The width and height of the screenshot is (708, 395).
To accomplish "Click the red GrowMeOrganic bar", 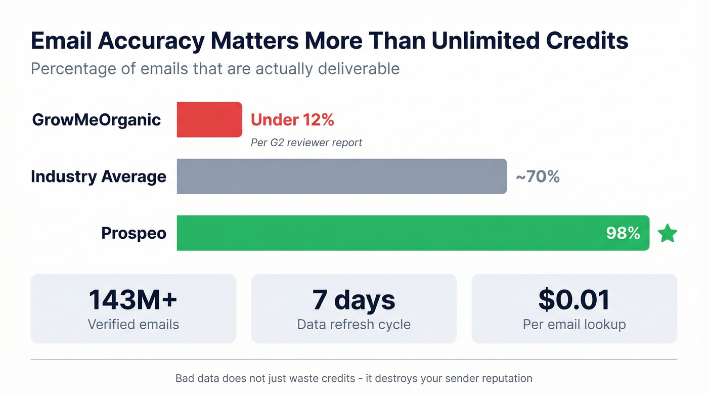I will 209,119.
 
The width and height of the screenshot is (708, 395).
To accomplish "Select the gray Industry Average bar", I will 341,176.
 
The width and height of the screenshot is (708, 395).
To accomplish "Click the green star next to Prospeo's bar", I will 667,234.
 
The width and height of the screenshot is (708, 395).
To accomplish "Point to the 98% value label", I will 623,233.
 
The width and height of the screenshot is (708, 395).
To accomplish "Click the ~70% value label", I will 538,177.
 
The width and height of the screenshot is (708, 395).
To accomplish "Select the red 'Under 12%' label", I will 292,120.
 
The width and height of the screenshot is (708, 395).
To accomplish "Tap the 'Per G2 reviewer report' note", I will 306,143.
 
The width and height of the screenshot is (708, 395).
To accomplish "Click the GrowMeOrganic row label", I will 96,120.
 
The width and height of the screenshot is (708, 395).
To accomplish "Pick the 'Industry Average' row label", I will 98,177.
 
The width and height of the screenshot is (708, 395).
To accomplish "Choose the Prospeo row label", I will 134,233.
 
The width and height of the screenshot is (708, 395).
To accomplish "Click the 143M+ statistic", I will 133,299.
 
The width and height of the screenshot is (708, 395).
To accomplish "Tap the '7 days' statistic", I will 353,299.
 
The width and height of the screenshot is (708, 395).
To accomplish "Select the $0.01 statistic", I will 574,299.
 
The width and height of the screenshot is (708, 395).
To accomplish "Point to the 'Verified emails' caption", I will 133,324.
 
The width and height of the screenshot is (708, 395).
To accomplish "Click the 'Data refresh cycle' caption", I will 353,324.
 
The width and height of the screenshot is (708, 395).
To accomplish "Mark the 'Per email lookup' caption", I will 574,324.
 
